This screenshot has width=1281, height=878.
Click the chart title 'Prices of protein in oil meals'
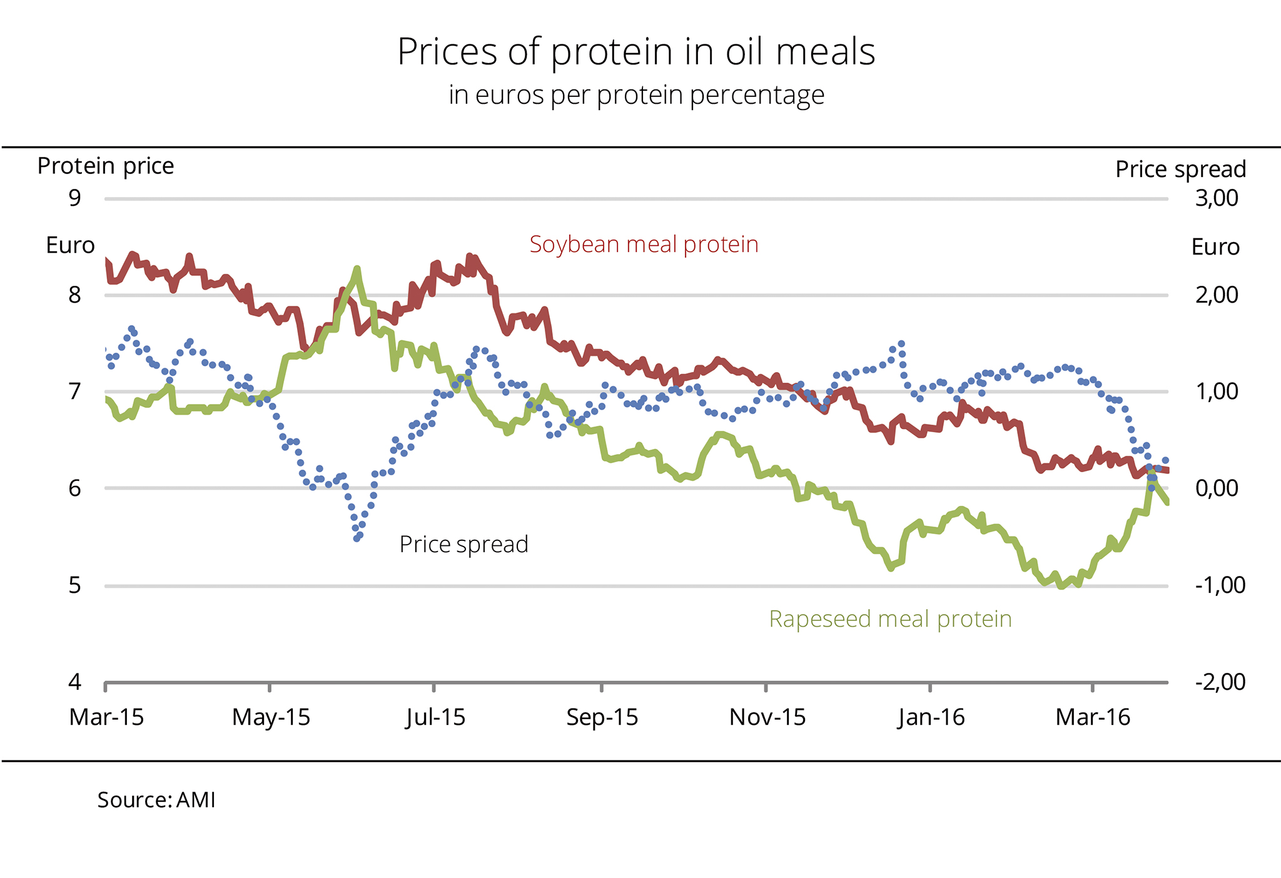[636, 51]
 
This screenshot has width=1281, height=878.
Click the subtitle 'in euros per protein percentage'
[636, 95]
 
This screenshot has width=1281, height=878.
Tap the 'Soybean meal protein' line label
[644, 244]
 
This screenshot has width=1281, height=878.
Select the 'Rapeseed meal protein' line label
[890, 618]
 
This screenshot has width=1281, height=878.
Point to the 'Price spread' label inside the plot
[463, 544]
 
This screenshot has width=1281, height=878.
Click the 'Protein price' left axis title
[106, 166]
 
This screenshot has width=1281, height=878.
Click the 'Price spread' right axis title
[1180, 169]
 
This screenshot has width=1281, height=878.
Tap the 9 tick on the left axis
[75, 198]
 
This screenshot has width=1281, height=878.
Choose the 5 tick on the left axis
[75, 585]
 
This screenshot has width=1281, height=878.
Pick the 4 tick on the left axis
[75, 682]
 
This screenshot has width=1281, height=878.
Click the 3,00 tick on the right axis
[1216, 198]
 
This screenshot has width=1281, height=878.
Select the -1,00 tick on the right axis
[1220, 585]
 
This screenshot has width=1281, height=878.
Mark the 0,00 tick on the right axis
[1216, 488]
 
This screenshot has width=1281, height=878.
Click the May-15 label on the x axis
[271, 717]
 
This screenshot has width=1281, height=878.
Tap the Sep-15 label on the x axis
[602, 717]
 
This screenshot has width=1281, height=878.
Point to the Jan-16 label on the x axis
[931, 717]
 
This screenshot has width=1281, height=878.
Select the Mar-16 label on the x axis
[1093, 717]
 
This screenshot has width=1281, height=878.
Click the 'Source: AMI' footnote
[156, 800]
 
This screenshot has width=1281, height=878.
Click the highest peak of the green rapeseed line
[357, 269]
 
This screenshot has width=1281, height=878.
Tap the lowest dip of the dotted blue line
[357, 538]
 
